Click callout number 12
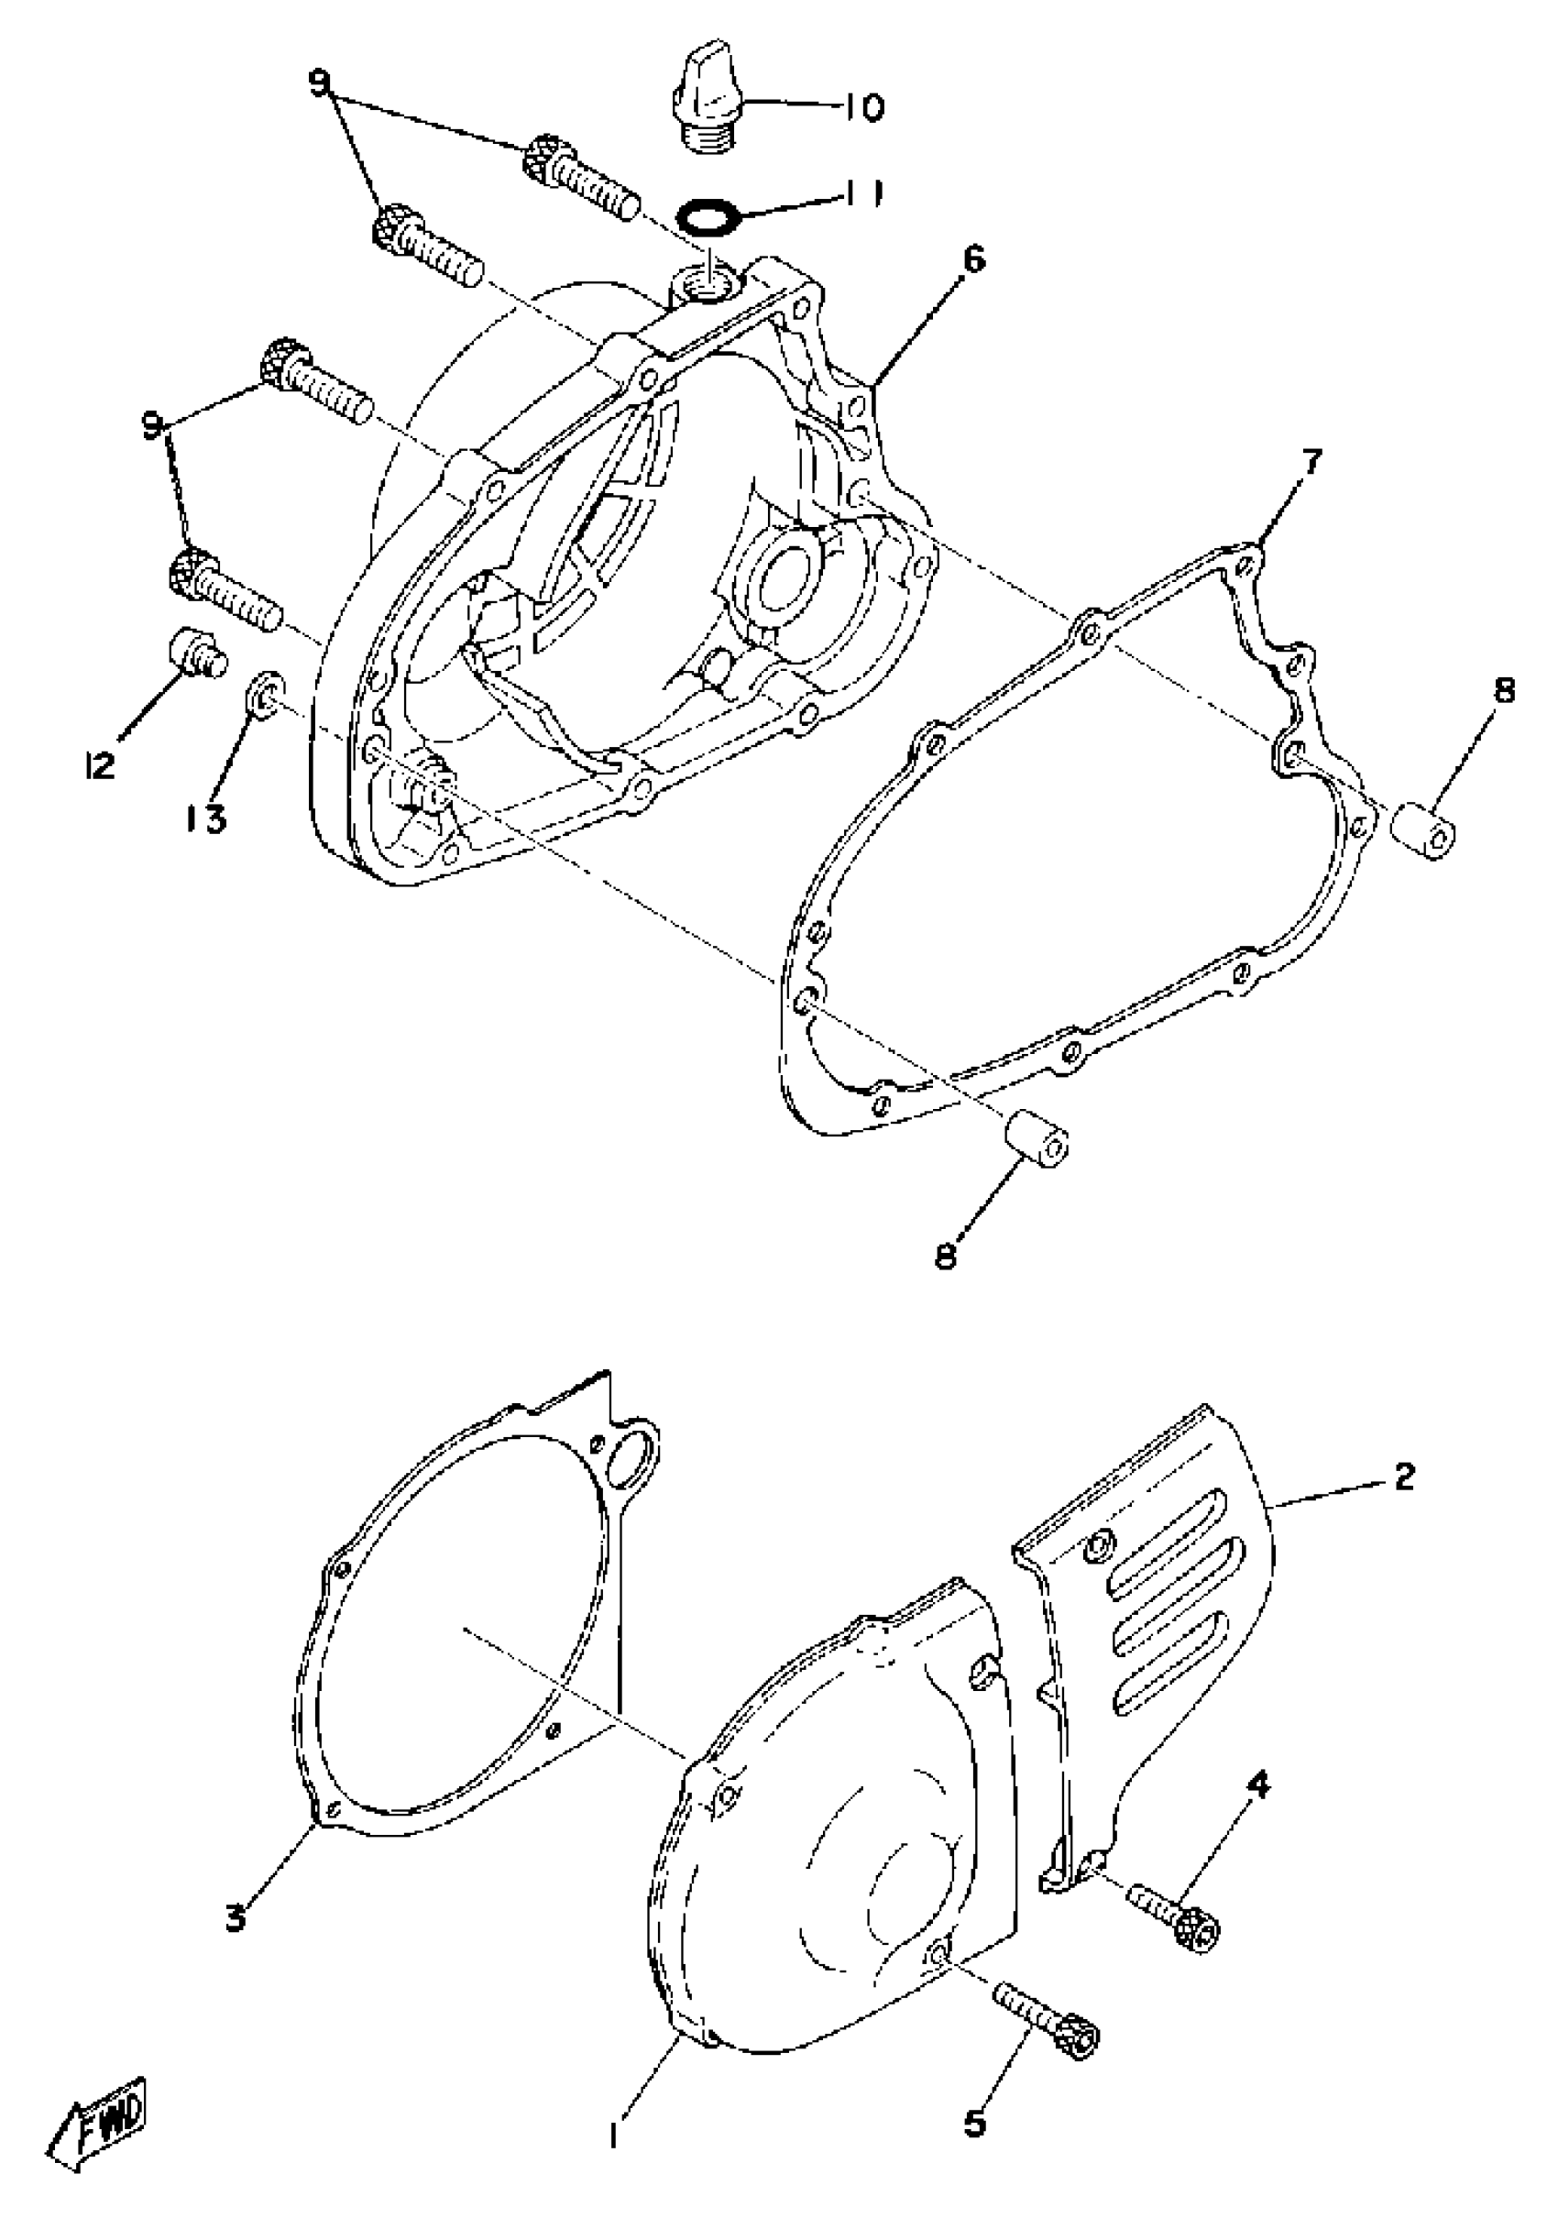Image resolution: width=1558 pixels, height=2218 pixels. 100,765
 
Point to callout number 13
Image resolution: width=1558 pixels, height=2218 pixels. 204,820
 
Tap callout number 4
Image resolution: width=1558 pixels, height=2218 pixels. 1255,1783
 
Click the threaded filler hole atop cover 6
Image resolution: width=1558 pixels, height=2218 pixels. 711,284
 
